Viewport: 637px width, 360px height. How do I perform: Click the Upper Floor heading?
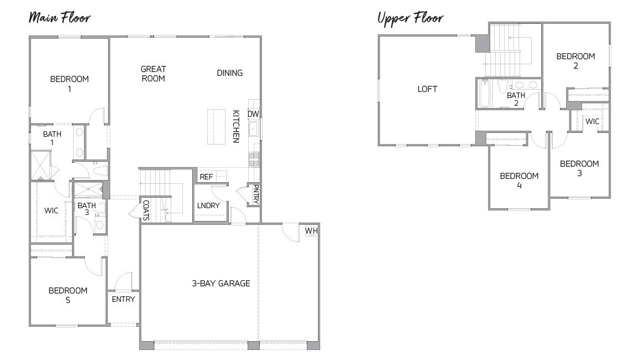coord(410,18)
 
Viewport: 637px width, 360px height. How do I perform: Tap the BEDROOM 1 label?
coord(69,84)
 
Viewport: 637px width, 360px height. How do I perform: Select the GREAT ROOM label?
coord(153,74)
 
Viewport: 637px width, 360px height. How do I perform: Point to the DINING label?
coord(229,73)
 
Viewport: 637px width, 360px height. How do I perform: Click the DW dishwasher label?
coord(253,114)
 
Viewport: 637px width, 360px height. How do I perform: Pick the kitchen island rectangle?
coord(216,127)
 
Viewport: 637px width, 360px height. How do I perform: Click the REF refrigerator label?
coord(206,177)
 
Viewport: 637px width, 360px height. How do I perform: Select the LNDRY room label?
coord(208,205)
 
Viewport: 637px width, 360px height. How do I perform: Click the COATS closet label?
coord(146,210)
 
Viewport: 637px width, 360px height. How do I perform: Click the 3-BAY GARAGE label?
coord(221,283)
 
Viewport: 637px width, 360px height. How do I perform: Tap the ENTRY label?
coord(123,299)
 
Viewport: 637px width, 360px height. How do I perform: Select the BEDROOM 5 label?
coord(68,295)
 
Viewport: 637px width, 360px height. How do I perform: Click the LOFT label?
coord(427,89)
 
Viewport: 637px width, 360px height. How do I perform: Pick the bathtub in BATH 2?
coord(484,94)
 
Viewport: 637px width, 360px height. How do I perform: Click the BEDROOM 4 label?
coord(519,181)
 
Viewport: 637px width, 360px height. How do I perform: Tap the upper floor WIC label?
coord(592,121)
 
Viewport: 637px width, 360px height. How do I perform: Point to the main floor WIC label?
coord(52,210)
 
